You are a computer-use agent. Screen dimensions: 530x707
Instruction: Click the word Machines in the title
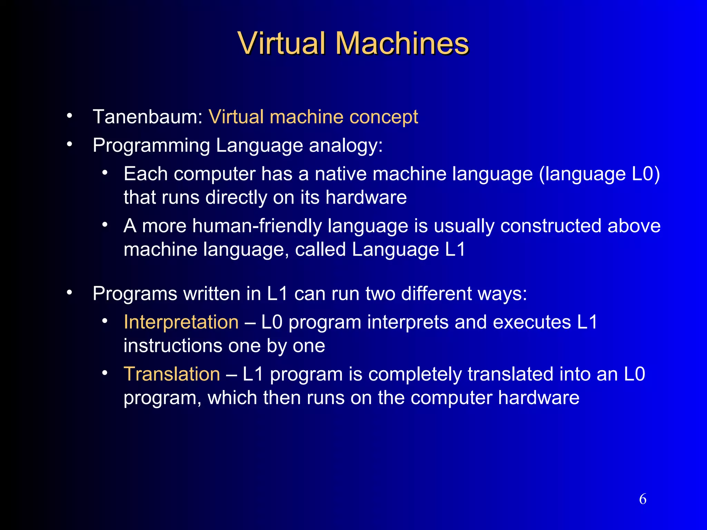coord(402,43)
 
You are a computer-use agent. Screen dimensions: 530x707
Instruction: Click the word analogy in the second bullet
coord(346,146)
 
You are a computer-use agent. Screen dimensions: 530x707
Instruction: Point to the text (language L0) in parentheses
coord(599,174)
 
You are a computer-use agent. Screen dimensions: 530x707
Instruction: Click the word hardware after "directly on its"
coord(366,197)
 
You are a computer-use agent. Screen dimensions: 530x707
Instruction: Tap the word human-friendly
coord(257,226)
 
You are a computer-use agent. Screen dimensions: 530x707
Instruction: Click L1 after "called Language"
coord(455,249)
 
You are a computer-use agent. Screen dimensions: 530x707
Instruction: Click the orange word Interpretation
coord(181,322)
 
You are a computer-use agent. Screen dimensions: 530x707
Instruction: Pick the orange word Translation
coord(172,374)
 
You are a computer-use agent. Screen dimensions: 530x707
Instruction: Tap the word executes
coord(532,322)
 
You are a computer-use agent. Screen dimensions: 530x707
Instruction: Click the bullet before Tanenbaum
coord(70,116)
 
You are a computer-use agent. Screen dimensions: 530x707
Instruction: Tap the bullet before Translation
coord(105,373)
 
